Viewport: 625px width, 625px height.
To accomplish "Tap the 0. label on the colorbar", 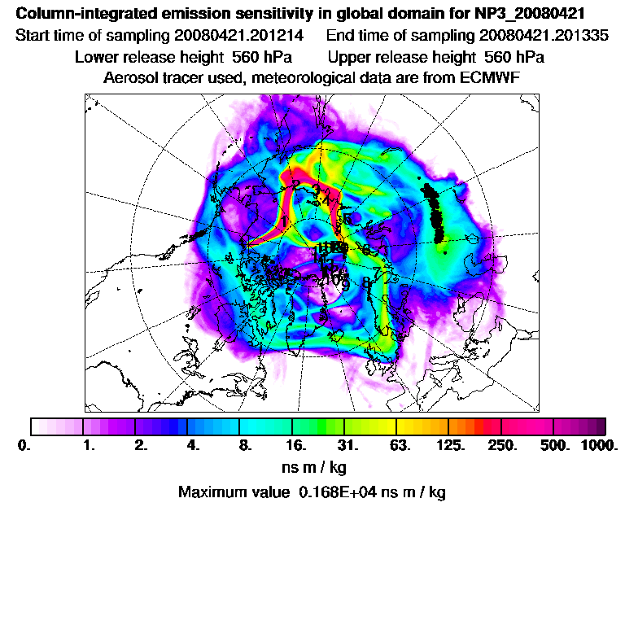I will coord(24,446).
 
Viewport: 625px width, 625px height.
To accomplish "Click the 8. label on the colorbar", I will coord(244,446).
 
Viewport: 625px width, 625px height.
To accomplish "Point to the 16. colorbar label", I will coord(296,446).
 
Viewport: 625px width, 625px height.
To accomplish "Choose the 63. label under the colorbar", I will coord(400,446).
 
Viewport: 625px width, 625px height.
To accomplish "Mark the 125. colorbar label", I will coord(451,446).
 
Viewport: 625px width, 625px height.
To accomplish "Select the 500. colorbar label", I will coord(553,446).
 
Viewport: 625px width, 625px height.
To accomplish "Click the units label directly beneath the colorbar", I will coord(312,468).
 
